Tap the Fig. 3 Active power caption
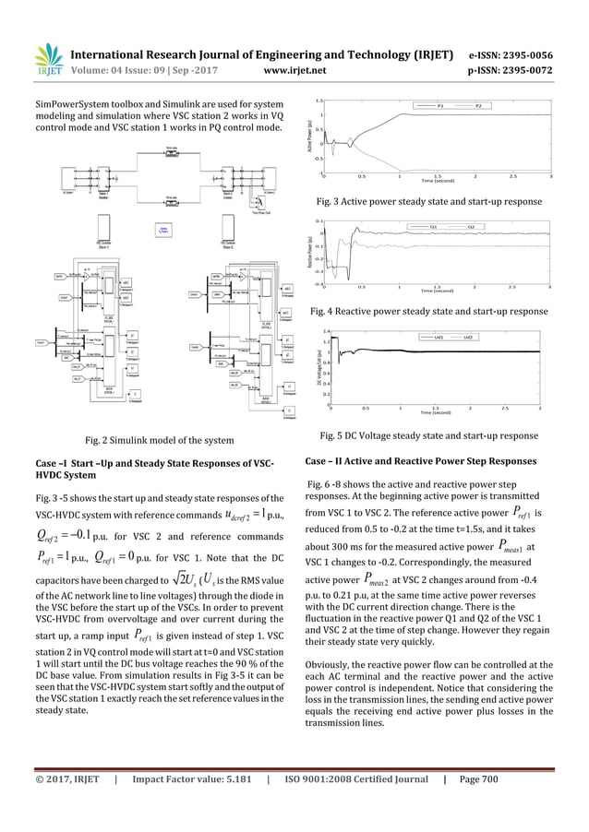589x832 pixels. pos(429,200)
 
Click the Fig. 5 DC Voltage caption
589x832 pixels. pos(428,434)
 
